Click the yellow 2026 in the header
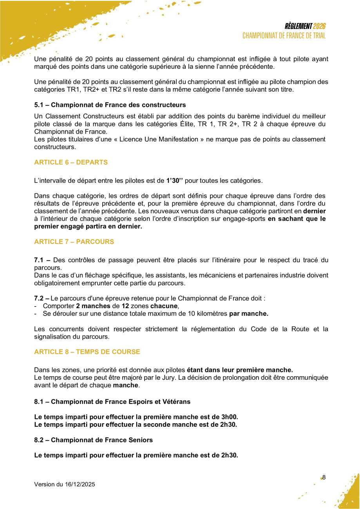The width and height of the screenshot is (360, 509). [x=320, y=27]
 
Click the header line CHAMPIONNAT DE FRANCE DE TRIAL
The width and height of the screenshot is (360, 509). [x=284, y=36]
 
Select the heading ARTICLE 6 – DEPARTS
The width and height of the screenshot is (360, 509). [x=71, y=162]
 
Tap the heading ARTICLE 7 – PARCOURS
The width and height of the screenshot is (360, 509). [x=74, y=242]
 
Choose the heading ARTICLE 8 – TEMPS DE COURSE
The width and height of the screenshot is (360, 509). [x=87, y=352]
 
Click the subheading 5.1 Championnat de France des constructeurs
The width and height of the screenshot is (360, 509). [x=110, y=105]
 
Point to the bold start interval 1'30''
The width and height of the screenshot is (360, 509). [x=175, y=181]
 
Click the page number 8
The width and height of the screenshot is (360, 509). [x=324, y=477]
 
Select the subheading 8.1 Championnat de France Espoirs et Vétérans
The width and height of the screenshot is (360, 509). [x=112, y=401]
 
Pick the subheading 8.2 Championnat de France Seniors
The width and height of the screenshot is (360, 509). [x=93, y=440]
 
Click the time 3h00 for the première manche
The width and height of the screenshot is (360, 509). [x=229, y=417]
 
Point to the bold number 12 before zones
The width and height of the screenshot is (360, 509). [x=125, y=306]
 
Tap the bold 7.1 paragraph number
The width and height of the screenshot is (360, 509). [x=39, y=260]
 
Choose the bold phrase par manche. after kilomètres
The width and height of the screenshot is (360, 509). [x=249, y=314]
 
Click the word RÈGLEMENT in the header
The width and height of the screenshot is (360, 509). [x=298, y=27]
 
